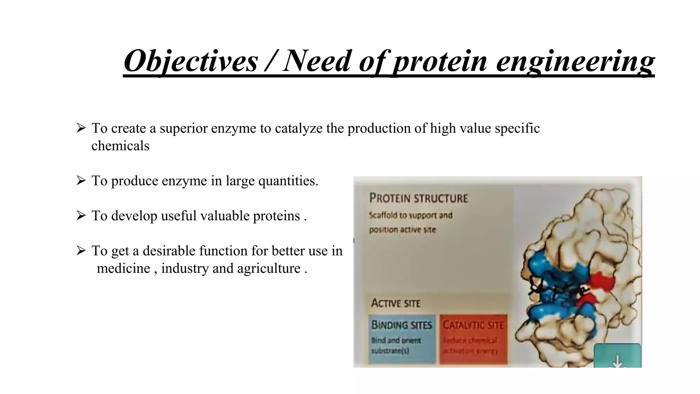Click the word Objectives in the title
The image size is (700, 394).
click(190, 61)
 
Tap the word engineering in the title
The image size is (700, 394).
click(575, 61)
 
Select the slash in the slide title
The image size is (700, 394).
click(270, 61)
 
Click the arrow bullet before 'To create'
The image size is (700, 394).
click(81, 128)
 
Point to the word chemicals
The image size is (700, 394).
click(120, 146)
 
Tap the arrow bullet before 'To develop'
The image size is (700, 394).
click(81, 216)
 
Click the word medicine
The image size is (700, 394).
click(123, 268)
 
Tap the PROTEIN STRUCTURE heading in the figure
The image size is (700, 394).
click(418, 198)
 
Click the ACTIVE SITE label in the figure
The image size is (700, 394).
click(396, 303)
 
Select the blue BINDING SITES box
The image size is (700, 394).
click(402, 339)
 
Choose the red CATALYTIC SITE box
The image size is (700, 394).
click(473, 339)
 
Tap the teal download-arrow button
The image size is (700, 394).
click(617, 356)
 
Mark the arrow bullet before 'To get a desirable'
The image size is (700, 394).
click(81, 251)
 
